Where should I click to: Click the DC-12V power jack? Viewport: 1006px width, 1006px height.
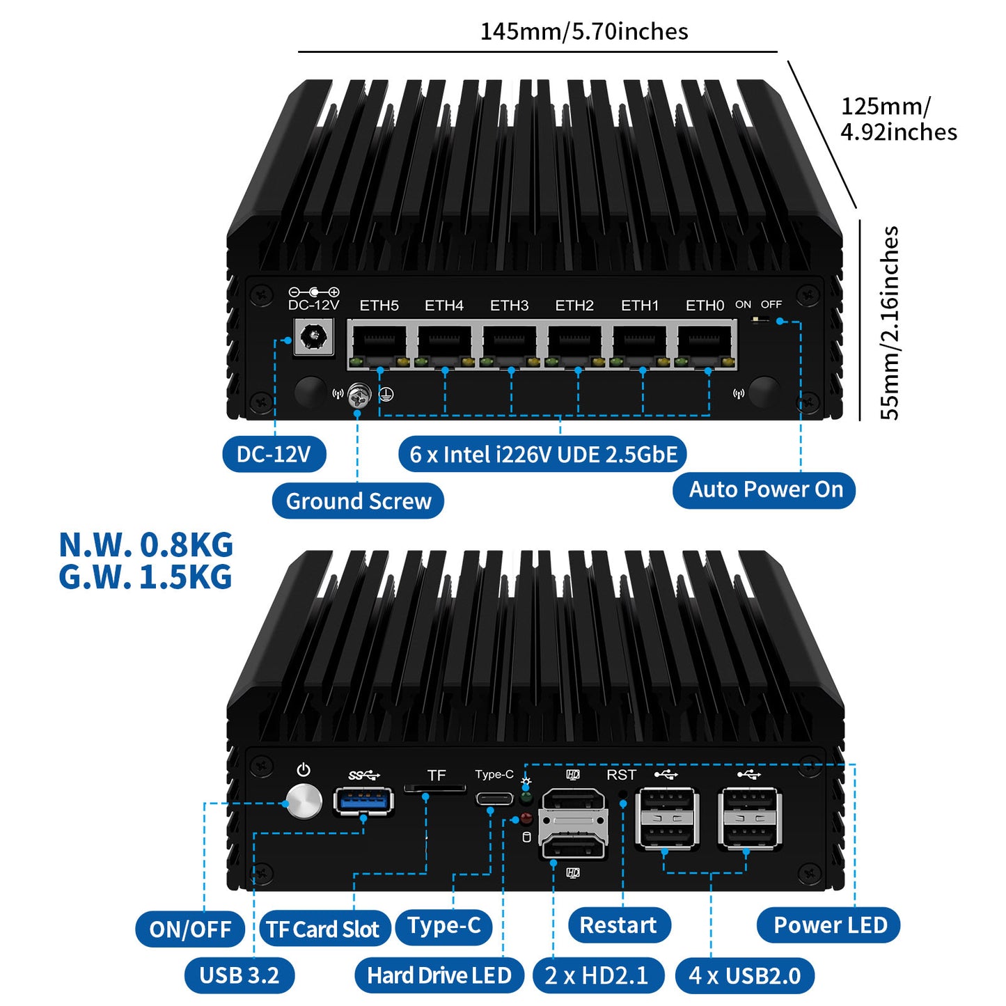click(x=313, y=338)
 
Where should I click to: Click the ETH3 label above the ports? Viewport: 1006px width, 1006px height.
click(x=509, y=306)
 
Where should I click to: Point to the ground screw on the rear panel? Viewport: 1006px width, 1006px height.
click(x=359, y=396)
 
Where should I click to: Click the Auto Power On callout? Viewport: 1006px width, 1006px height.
click(x=765, y=489)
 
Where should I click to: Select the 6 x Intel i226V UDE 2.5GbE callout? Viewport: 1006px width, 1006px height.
click(x=543, y=455)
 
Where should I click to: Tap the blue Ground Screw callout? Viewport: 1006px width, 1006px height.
click(x=358, y=501)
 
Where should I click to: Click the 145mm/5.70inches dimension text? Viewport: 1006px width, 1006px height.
click(x=583, y=31)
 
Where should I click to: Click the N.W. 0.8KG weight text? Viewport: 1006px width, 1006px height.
click(x=146, y=544)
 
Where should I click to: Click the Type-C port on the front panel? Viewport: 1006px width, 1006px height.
click(x=494, y=798)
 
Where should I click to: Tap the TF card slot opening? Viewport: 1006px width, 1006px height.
click(x=435, y=789)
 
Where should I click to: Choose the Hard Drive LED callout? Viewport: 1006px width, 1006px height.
click(x=439, y=975)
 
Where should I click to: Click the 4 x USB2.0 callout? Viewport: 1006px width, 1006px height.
click(x=744, y=975)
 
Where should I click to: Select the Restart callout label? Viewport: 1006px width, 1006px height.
click(x=618, y=925)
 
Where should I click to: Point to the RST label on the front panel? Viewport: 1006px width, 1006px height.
click(x=621, y=775)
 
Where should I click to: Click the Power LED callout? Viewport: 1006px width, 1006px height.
click(x=829, y=925)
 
